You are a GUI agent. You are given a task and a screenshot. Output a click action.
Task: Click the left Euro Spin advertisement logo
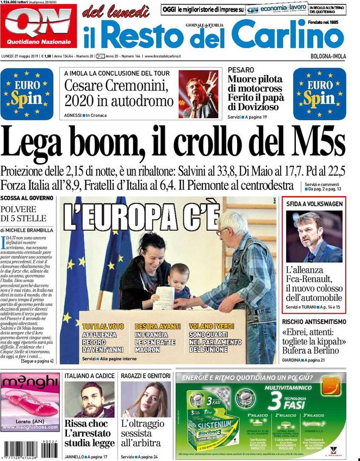pos(27,93)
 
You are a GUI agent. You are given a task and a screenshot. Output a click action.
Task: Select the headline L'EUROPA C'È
pos(141,216)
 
